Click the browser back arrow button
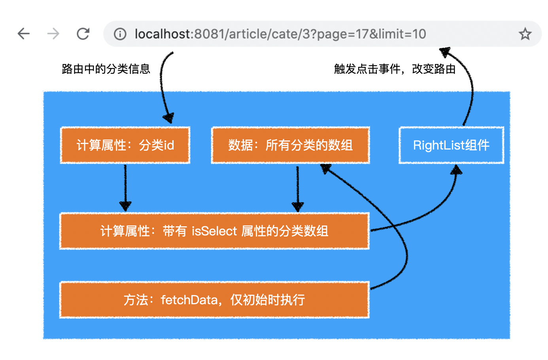pyautogui.click(x=24, y=34)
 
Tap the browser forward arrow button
pyautogui.click(x=53, y=34)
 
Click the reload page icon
pyautogui.click(x=83, y=34)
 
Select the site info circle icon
pyautogui.click(x=120, y=34)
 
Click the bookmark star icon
pyautogui.click(x=525, y=34)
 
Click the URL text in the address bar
pyautogui.click(x=280, y=34)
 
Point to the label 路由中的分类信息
pyautogui.click(x=106, y=69)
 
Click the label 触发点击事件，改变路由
pyautogui.click(x=395, y=69)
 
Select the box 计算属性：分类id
pyautogui.click(x=125, y=145)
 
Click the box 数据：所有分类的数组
pyautogui.click(x=290, y=145)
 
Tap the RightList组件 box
pyautogui.click(x=452, y=145)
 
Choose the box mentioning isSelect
pyautogui.click(x=214, y=231)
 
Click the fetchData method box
pyautogui.click(x=214, y=300)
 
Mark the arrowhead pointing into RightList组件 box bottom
pyautogui.click(x=457, y=170)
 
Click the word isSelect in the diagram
pyautogui.click(x=214, y=231)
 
